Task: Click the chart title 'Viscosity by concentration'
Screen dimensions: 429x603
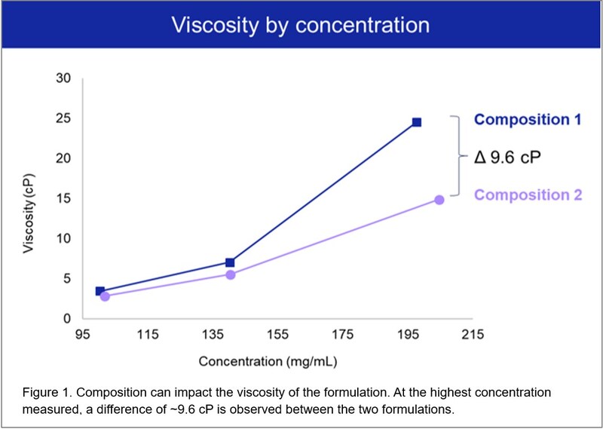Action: point(300,25)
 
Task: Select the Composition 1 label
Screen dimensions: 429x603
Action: point(528,119)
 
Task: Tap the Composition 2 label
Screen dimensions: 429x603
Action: point(528,195)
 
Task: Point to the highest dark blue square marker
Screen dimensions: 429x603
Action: point(416,122)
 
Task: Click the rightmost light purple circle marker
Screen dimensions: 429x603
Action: point(439,200)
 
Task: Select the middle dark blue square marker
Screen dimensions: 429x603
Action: point(230,262)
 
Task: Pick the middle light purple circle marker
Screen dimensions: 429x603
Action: point(231,274)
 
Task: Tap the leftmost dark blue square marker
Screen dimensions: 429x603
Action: point(99,291)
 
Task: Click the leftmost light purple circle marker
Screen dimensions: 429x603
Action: point(105,296)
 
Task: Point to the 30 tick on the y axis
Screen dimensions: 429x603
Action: point(64,78)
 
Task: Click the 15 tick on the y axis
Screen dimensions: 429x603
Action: point(64,198)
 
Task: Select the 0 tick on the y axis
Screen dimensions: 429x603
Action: point(67,319)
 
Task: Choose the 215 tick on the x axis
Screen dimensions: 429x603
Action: point(472,335)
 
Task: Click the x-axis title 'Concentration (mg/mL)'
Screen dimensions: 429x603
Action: point(268,361)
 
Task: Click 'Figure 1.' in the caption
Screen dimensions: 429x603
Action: point(44,394)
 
